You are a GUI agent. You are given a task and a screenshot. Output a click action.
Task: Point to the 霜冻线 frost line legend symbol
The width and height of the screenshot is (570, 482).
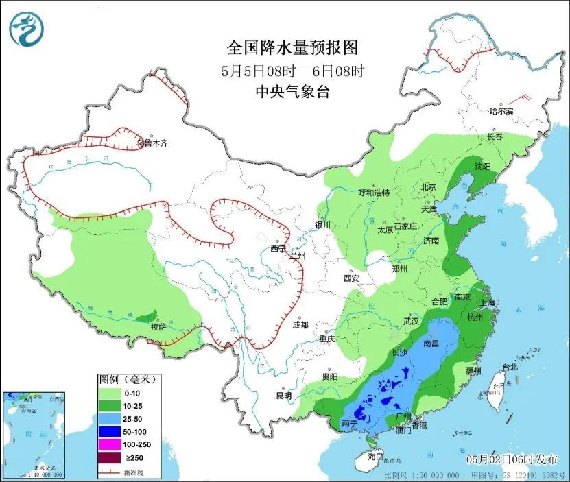pyautogui.click(x=110, y=472)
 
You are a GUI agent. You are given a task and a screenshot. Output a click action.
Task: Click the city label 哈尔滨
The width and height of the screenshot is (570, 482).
pyautogui.click(x=501, y=110)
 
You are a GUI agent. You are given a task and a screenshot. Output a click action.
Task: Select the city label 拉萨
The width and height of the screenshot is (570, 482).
pyautogui.click(x=158, y=327)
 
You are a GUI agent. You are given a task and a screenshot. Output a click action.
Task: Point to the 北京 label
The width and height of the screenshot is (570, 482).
pyautogui.click(x=428, y=186)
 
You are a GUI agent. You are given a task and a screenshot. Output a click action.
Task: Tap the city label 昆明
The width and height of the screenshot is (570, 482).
pyautogui.click(x=283, y=396)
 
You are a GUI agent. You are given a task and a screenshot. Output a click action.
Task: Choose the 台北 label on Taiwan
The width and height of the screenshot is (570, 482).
pyautogui.click(x=510, y=367)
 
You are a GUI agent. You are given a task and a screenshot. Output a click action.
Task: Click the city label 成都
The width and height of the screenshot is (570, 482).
pyautogui.click(x=300, y=325)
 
